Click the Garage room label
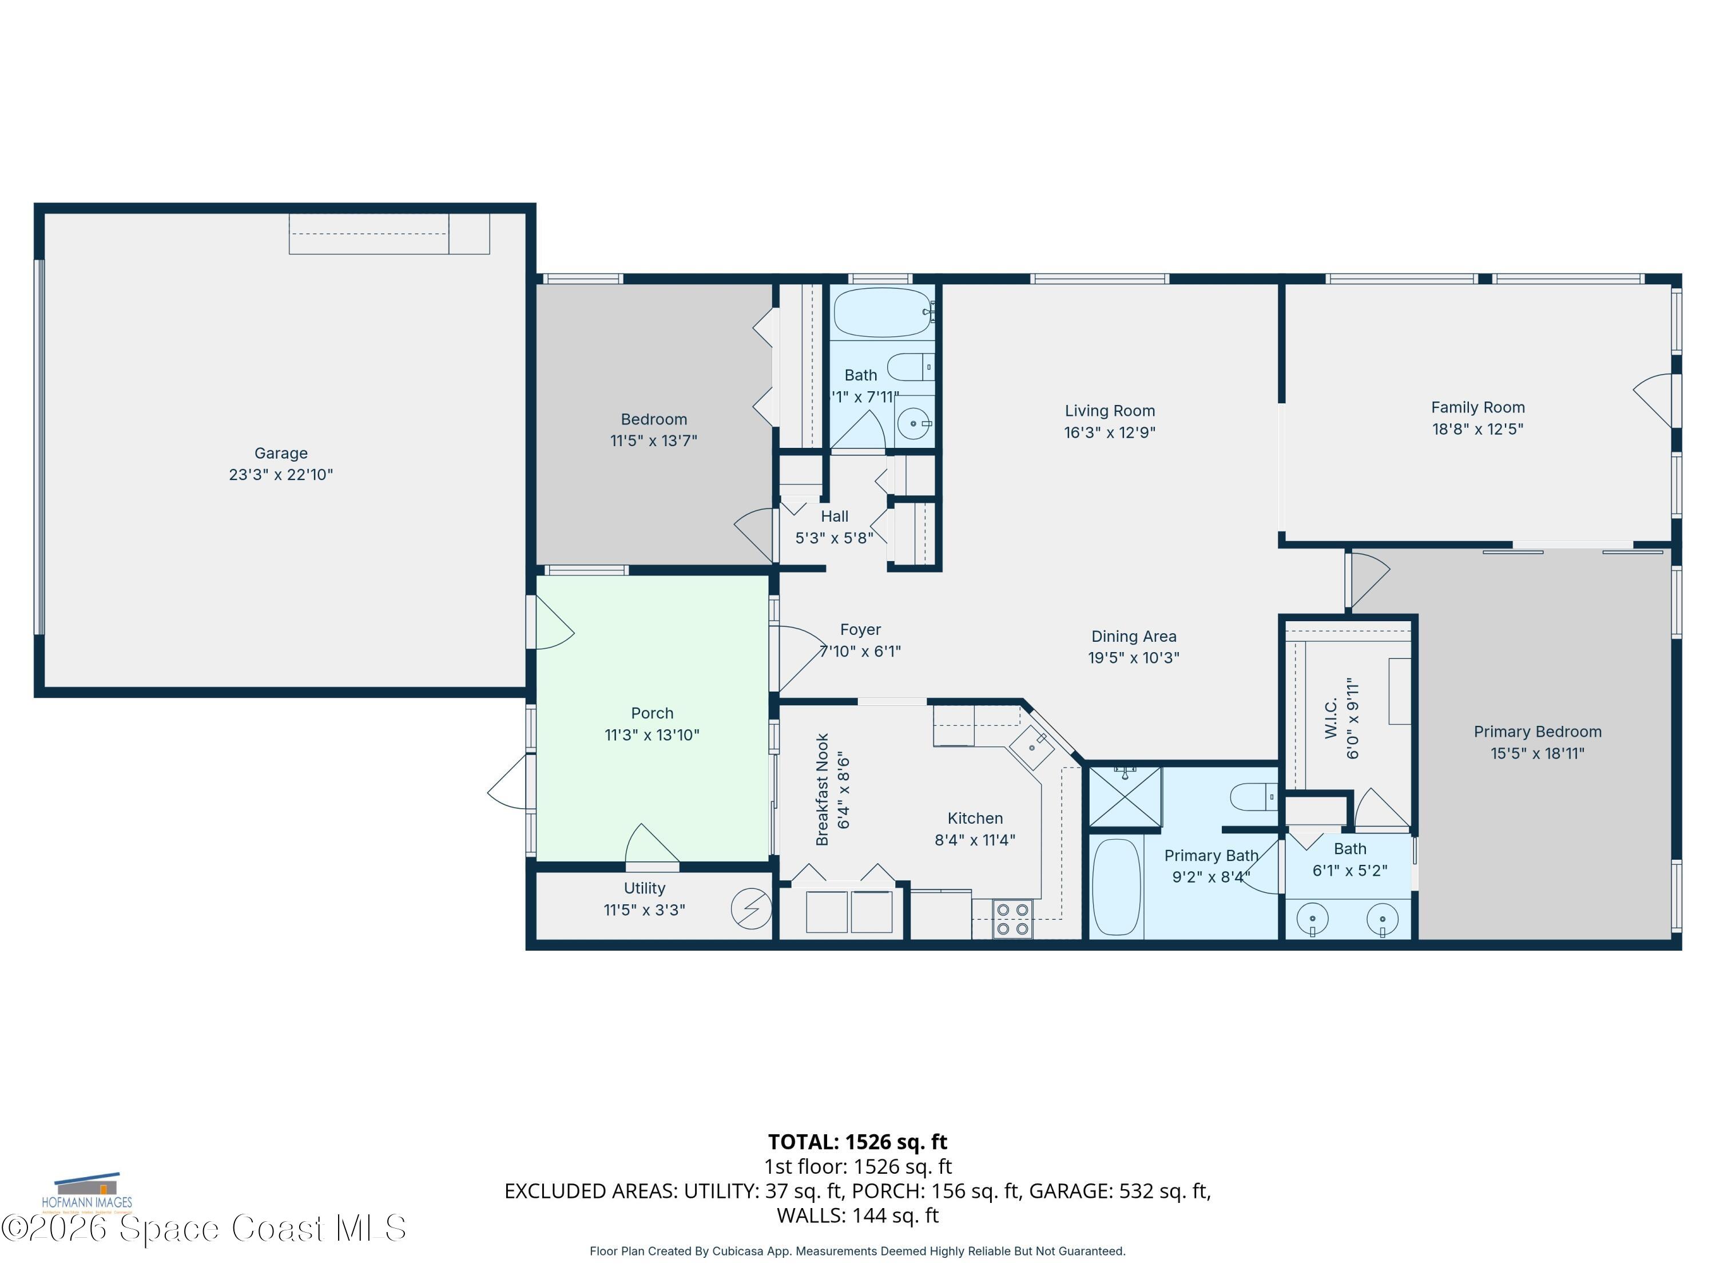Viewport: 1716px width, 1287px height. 281,453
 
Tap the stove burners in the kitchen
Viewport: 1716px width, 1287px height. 1013,919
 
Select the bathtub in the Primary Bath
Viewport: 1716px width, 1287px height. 1117,887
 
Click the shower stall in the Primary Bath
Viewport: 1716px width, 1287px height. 1125,797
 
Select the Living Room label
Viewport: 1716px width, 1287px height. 1109,411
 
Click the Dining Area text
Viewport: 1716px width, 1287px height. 1133,636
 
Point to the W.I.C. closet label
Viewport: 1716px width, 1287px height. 1331,718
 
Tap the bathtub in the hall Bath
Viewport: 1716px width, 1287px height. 883,313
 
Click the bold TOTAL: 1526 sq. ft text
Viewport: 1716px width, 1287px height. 857,1142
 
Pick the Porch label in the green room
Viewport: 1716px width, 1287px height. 652,713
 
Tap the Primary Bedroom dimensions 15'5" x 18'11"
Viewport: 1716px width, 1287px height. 1537,753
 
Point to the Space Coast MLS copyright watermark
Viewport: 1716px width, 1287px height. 203,1228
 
